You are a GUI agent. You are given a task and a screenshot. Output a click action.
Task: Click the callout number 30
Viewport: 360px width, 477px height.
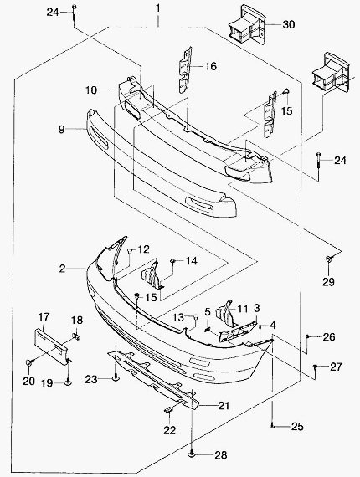pyautogui.click(x=289, y=24)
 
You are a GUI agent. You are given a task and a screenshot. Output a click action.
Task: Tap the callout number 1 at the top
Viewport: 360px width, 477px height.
pyautogui.click(x=157, y=8)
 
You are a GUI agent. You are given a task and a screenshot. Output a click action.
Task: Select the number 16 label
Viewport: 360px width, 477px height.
pyautogui.click(x=211, y=66)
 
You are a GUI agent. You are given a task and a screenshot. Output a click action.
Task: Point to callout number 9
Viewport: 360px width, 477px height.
pyautogui.click(x=61, y=129)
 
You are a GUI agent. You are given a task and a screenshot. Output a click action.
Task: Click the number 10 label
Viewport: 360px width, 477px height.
pyautogui.click(x=91, y=90)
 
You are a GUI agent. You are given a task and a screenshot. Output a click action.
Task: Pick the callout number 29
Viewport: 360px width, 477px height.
pyautogui.click(x=328, y=282)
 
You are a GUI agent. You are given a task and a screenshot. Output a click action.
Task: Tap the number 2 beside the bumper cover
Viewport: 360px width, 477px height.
pyautogui.click(x=62, y=269)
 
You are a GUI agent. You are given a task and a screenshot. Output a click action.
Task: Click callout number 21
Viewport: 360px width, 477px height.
pyautogui.click(x=224, y=405)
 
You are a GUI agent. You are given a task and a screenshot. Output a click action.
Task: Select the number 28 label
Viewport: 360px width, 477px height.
pyautogui.click(x=221, y=455)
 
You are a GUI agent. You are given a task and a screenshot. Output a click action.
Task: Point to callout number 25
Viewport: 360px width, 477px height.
pyautogui.click(x=297, y=427)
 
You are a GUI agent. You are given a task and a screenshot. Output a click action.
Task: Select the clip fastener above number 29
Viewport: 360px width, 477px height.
pyautogui.click(x=329, y=259)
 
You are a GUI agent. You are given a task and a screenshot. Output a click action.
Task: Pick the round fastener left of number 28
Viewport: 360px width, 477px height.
pyautogui.click(x=192, y=454)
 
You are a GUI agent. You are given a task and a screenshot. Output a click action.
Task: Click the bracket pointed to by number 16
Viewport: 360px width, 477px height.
pyautogui.click(x=185, y=69)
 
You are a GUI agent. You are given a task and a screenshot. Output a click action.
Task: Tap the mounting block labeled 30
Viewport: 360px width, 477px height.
pyautogui.click(x=246, y=24)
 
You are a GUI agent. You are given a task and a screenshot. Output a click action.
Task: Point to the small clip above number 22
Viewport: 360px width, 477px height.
pyautogui.click(x=168, y=410)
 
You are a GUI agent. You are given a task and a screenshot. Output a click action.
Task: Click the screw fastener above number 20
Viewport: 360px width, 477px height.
pyautogui.click(x=29, y=362)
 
